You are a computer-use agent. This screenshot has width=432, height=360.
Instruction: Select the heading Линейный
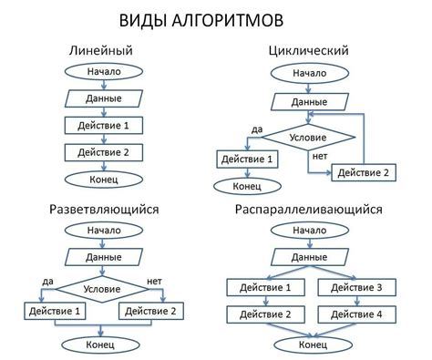(x=102, y=50)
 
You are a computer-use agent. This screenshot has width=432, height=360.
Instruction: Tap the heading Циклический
(x=310, y=50)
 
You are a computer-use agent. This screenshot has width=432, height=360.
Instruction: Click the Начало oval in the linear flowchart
(x=104, y=72)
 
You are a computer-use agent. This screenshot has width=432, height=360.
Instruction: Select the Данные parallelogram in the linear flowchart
(x=104, y=98)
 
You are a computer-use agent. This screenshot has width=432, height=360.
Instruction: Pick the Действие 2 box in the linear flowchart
(x=104, y=152)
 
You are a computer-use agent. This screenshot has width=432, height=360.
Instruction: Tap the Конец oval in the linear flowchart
(x=104, y=180)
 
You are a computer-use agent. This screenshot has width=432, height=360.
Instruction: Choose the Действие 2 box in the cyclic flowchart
(x=362, y=172)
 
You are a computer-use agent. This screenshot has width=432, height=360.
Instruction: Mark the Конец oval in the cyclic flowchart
(x=247, y=186)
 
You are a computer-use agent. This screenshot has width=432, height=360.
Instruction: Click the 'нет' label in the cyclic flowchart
(x=319, y=156)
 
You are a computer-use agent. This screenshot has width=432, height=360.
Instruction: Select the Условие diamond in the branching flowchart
(x=102, y=285)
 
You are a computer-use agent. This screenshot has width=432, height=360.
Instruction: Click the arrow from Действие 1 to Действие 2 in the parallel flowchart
(x=265, y=302)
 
